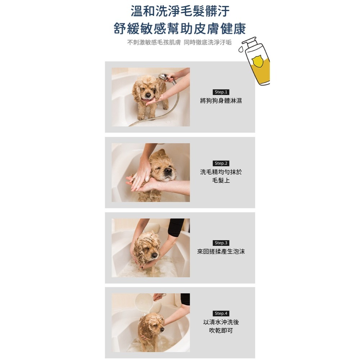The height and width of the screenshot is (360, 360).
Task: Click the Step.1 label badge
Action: tap(221, 92)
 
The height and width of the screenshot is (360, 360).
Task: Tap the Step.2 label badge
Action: tap(221, 163)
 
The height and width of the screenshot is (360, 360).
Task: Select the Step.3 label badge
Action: tap(221, 243)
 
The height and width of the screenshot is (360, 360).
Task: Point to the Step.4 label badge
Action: tap(221, 314)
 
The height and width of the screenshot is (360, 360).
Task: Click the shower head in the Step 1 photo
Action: tap(163, 77)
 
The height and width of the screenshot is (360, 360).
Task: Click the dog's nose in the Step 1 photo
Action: tap(148, 95)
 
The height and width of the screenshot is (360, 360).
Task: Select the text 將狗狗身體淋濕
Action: tap(221, 101)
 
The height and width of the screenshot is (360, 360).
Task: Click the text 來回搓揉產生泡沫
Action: tap(221, 252)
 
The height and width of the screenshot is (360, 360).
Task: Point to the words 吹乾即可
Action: tap(221, 330)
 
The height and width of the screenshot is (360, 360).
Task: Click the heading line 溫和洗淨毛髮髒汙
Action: tap(180, 11)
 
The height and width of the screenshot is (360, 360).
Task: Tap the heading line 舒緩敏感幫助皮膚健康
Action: tap(180, 28)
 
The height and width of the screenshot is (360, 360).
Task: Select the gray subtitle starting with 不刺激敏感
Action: tap(180, 43)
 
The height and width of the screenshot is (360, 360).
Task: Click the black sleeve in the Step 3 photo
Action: tap(176, 227)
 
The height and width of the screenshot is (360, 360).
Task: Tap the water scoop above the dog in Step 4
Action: tap(144, 302)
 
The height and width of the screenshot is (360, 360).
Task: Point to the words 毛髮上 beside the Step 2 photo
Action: tap(221, 180)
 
